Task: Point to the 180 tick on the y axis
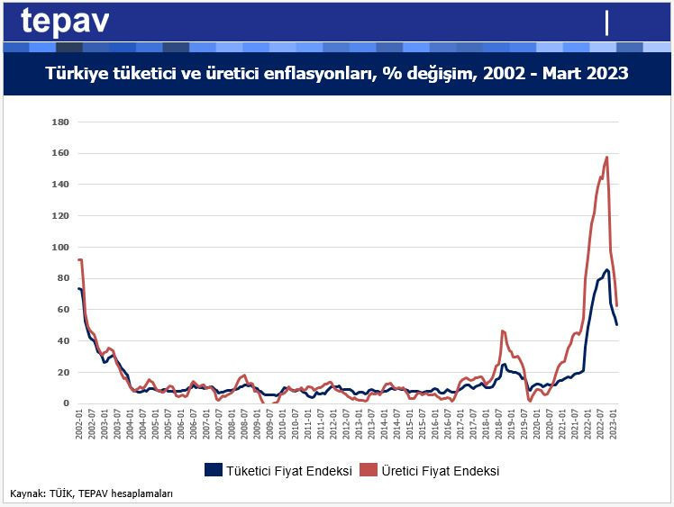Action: [x=61, y=122]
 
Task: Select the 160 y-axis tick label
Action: [x=61, y=153]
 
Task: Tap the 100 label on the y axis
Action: [x=61, y=247]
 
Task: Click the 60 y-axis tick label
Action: [x=63, y=310]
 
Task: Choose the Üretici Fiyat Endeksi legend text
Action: [x=440, y=470]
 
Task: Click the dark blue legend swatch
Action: [x=214, y=470]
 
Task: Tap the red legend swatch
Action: [x=368, y=470]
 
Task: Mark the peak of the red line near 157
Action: [x=607, y=158]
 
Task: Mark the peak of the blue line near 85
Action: [x=607, y=269]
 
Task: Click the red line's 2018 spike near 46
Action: [x=503, y=331]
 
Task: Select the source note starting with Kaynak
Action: [x=91, y=493]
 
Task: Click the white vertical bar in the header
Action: [x=607, y=22]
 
